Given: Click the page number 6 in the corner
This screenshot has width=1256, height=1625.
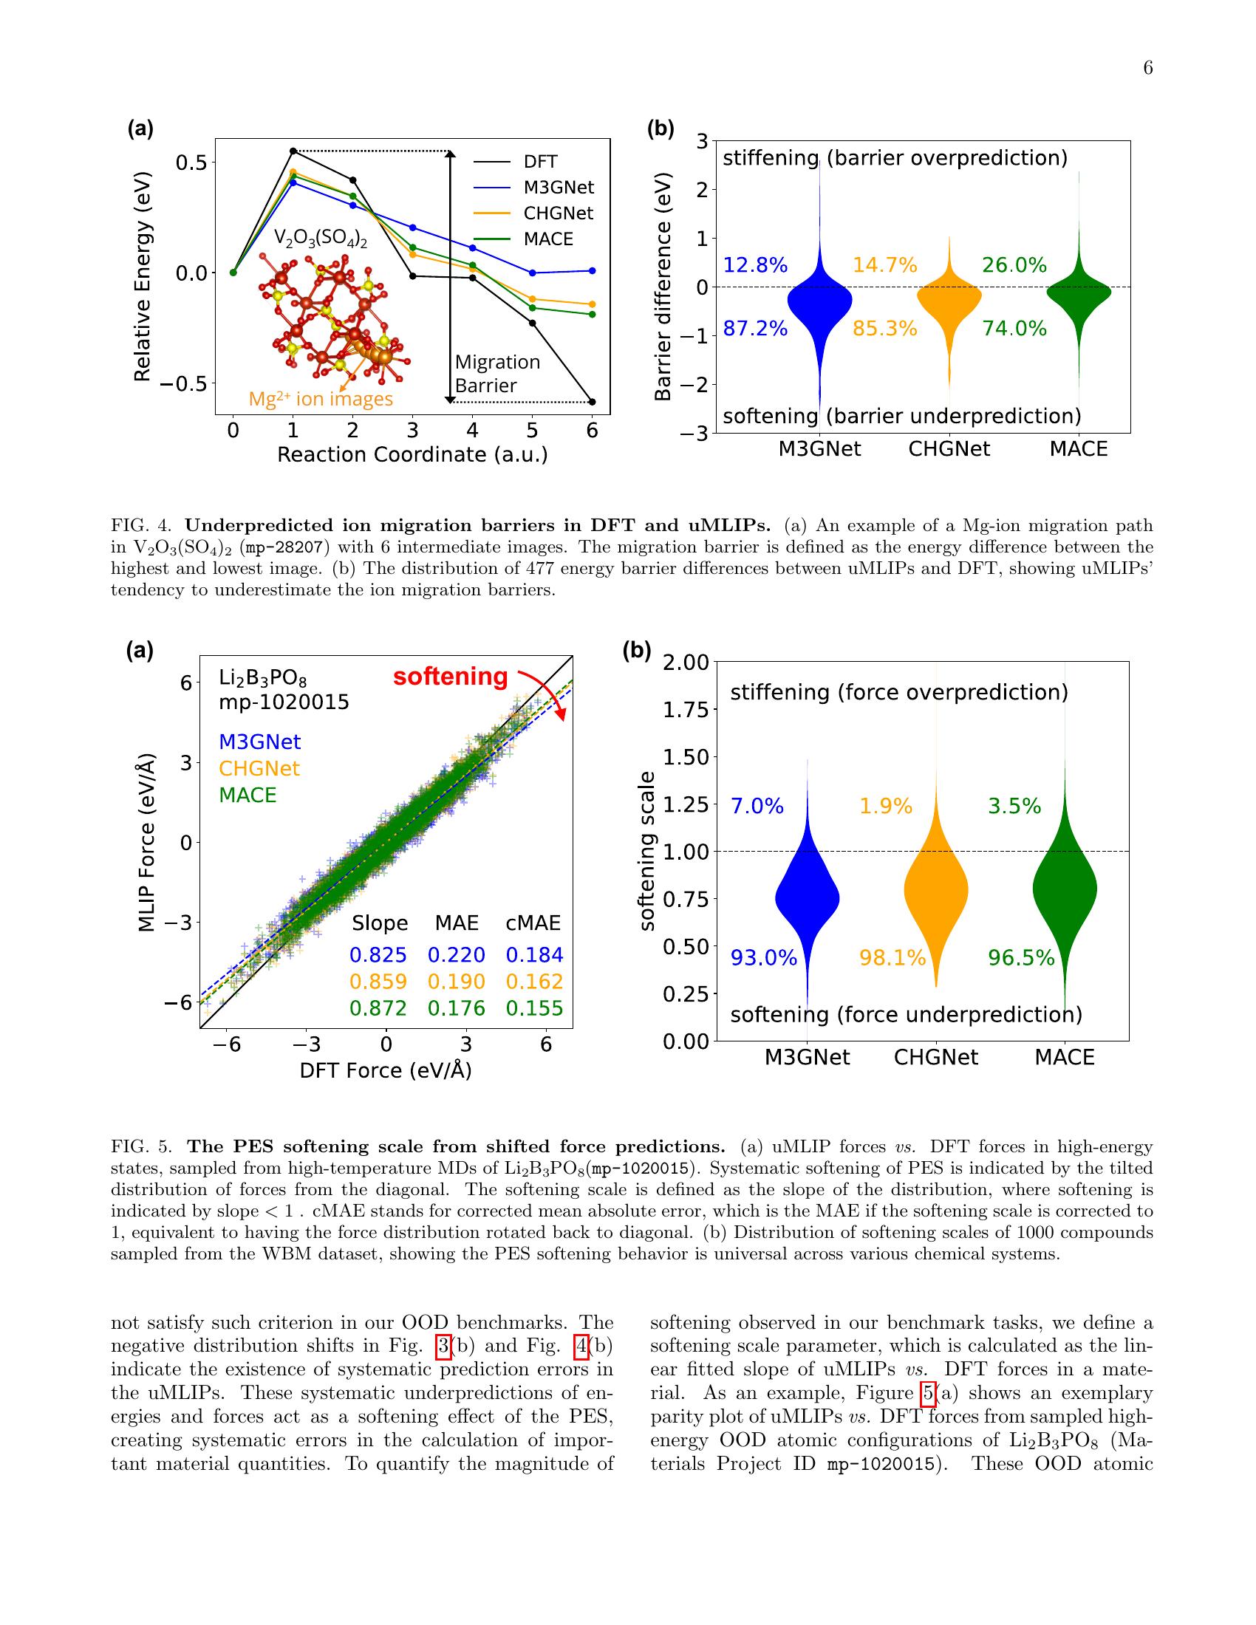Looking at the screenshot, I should tap(1147, 69).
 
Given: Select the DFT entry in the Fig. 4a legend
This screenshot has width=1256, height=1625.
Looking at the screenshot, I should tap(539, 162).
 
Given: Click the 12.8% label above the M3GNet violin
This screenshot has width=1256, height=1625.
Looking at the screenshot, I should tap(755, 265).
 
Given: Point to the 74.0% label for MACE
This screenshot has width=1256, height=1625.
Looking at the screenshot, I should tap(1014, 328).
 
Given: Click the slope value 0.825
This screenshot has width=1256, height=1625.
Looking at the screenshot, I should tap(378, 954).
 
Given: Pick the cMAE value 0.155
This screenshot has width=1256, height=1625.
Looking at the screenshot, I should tap(534, 1008).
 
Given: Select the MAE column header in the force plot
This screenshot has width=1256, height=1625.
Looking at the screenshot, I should tap(457, 923).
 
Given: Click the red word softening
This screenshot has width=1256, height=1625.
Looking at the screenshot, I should tap(450, 677).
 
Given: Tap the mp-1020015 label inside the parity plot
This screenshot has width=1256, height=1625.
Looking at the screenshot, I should tap(284, 702).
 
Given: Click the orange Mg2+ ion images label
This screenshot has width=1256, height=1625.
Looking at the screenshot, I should tap(321, 400).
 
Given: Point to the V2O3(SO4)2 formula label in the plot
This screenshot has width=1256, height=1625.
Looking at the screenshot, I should tap(321, 238).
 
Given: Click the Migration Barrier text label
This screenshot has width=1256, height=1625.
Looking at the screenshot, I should tap(497, 374).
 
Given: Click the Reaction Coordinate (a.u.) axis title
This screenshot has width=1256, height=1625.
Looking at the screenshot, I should tap(412, 454).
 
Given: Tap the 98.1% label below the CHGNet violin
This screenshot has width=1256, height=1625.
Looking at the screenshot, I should tap(892, 957).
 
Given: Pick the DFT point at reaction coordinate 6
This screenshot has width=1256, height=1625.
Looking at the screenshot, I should tap(593, 402).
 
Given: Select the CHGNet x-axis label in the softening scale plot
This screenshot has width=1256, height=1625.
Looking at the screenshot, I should tap(936, 1057).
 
